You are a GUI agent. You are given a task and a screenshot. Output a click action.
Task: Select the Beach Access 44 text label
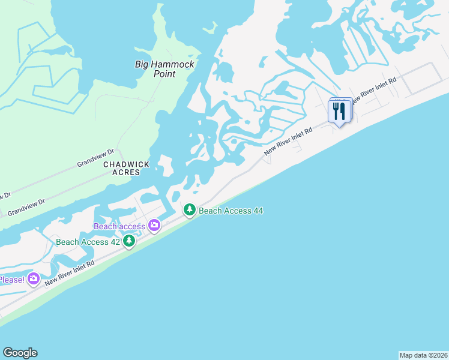(231, 211)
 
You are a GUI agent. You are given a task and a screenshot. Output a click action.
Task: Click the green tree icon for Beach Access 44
(190, 210)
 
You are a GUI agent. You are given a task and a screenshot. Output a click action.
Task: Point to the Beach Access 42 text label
(88, 242)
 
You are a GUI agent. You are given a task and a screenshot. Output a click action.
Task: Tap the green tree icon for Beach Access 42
(128, 241)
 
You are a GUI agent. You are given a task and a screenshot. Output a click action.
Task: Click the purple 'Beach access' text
(119, 226)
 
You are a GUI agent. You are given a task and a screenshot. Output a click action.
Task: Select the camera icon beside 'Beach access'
(154, 225)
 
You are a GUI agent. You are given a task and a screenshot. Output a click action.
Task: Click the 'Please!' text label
(11, 280)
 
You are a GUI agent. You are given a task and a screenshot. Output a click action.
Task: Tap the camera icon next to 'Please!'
(33, 278)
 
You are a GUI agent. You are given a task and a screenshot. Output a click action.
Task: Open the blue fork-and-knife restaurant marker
(339, 111)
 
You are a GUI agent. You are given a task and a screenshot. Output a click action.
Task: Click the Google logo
(20, 353)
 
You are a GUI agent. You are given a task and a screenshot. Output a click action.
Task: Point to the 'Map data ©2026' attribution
(424, 355)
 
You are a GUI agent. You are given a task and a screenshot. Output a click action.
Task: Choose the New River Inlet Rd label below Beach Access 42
(70, 273)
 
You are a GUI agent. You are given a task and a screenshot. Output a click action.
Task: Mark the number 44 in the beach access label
(257, 211)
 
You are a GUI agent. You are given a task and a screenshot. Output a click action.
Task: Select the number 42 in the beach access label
(113, 242)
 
